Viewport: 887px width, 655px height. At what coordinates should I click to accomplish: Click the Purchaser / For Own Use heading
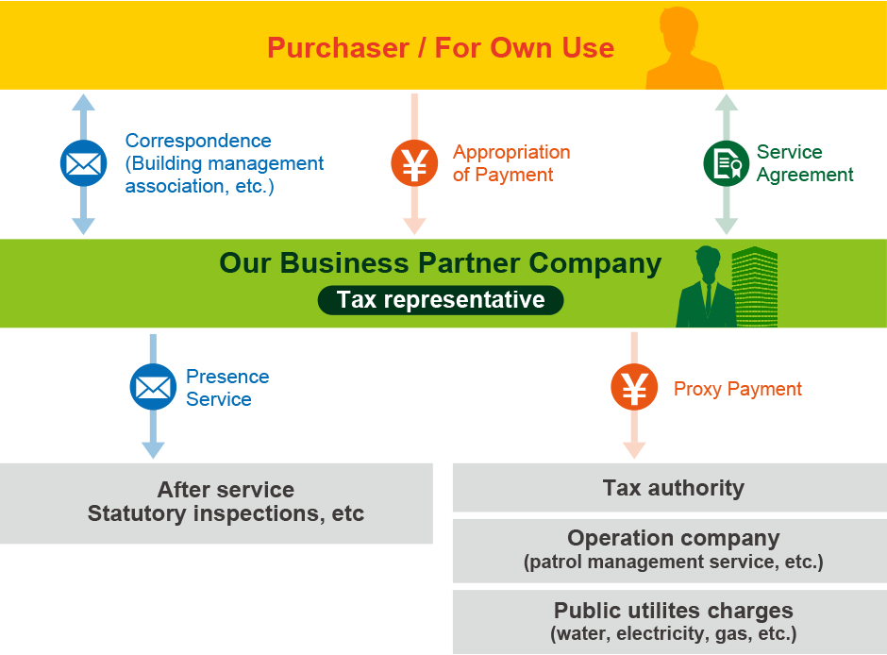441,47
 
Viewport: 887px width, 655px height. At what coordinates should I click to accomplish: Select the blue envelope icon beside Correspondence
83,163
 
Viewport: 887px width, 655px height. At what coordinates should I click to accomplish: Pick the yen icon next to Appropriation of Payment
414,163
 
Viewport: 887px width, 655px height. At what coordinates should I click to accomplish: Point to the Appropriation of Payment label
511,163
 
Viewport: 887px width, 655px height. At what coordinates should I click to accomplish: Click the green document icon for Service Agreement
727,163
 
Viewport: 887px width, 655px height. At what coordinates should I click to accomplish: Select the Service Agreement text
804,163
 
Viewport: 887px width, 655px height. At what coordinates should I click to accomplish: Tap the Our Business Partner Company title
440,262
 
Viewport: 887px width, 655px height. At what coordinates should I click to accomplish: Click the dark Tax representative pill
441,300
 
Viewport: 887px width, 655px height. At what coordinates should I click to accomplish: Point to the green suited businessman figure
705,288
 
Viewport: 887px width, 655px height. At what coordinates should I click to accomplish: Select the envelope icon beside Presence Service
153,387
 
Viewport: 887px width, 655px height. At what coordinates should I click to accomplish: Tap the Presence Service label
226,388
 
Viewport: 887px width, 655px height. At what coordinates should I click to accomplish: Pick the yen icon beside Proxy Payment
634,388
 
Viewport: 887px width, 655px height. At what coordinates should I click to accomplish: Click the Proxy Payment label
737,389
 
